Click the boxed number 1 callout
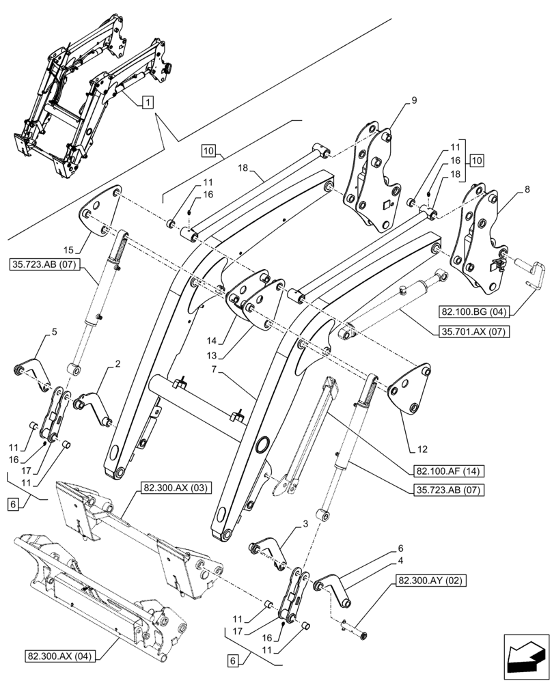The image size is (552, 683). click(x=147, y=102)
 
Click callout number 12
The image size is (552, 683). click(x=424, y=449)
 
